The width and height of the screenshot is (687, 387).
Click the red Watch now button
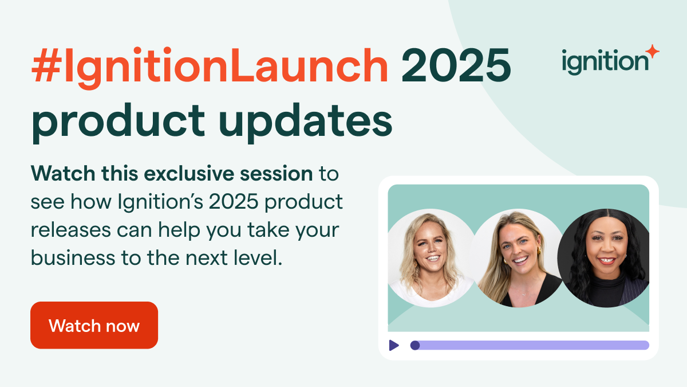(x=94, y=325)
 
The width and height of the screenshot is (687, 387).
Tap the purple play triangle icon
(x=394, y=345)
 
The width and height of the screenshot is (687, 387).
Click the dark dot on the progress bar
(x=415, y=345)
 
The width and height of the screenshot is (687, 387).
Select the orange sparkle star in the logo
(x=652, y=51)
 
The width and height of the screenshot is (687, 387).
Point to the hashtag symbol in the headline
(x=46, y=66)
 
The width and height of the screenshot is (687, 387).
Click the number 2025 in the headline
(x=456, y=65)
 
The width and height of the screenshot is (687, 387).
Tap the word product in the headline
(x=119, y=120)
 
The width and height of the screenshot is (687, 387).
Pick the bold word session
(x=276, y=174)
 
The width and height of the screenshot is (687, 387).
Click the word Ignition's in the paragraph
(x=160, y=202)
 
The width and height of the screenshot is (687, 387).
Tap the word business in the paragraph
(x=73, y=257)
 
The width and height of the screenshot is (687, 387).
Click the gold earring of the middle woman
(x=539, y=251)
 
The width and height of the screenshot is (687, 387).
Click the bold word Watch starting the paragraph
(x=63, y=174)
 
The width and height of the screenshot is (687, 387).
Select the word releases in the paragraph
(x=71, y=230)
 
